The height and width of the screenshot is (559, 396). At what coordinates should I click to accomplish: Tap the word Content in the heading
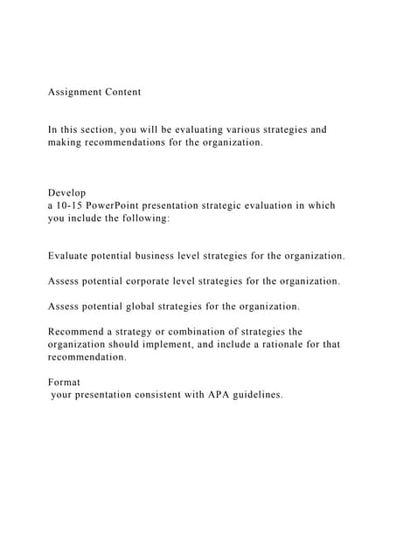(125, 92)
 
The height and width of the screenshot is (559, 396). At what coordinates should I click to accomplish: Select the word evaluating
(203, 129)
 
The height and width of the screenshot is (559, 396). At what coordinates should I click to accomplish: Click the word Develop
(67, 193)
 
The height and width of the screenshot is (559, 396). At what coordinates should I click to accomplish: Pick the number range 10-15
(71, 205)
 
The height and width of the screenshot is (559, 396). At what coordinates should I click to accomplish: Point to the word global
(149, 307)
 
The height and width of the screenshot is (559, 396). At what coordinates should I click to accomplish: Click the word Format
(64, 382)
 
